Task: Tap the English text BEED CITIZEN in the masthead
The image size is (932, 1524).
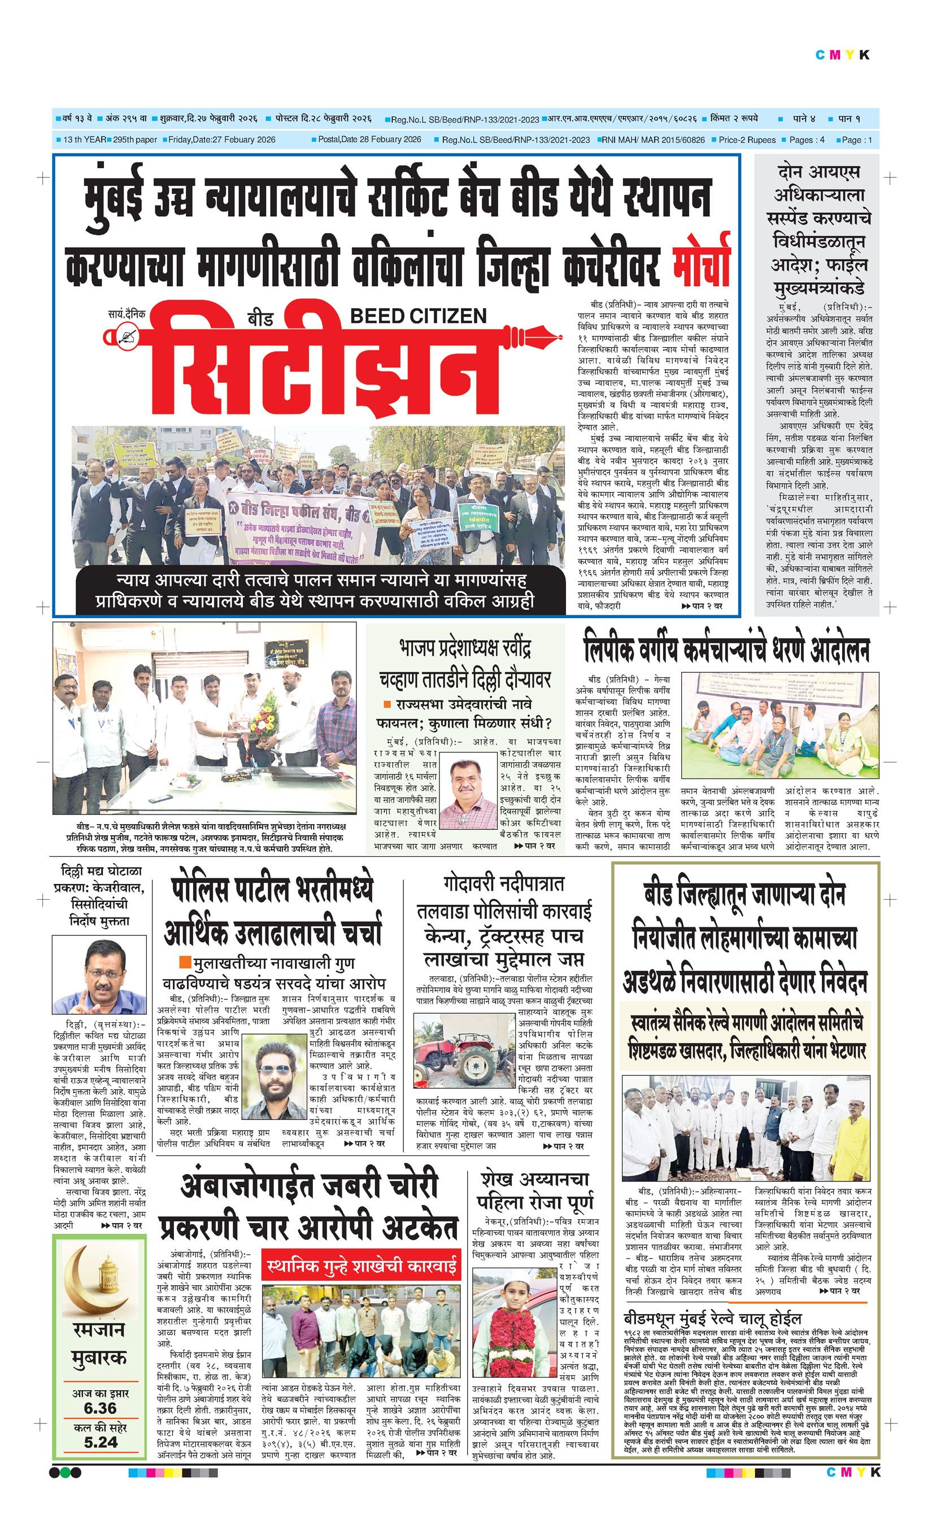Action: tap(419, 316)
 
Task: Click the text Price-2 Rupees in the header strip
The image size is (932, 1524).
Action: tap(746, 140)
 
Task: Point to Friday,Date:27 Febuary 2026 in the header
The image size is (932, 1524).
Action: tap(221, 140)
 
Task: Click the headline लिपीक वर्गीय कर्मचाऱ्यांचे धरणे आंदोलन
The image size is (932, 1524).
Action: tap(726, 650)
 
